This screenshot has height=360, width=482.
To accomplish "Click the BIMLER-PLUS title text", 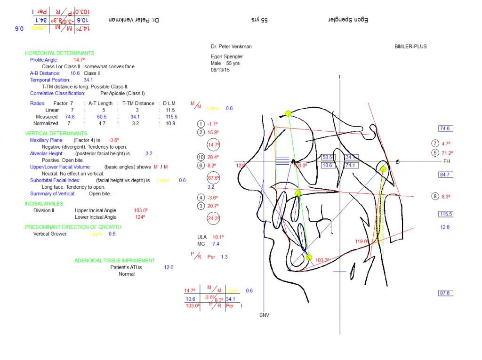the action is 410,47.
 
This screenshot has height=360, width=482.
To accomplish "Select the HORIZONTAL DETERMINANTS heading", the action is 59,54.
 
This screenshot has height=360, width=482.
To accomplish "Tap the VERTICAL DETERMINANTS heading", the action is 56,134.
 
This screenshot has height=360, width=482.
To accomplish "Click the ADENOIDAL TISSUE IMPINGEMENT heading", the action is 114,261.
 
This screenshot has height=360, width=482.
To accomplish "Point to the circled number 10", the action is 201,157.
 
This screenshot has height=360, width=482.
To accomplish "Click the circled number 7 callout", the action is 435,144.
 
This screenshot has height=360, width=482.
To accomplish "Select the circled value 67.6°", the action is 214,178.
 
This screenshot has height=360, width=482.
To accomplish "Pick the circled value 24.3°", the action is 214,218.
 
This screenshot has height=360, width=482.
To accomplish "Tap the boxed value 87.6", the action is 445,293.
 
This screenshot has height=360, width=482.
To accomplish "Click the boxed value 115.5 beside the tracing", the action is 445,214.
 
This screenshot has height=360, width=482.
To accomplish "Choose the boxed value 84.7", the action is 445,175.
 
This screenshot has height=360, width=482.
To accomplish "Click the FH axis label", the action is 447,161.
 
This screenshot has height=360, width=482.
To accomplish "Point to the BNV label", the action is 264,315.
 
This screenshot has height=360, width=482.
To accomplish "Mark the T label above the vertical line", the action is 339,76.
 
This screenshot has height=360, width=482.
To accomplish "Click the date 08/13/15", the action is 220,70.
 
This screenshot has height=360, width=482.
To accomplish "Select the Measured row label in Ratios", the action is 47,117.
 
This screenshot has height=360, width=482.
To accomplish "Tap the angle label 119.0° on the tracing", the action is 361,241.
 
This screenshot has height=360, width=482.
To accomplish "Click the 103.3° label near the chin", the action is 322,260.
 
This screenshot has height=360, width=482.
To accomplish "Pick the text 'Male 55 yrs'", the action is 227,63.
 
